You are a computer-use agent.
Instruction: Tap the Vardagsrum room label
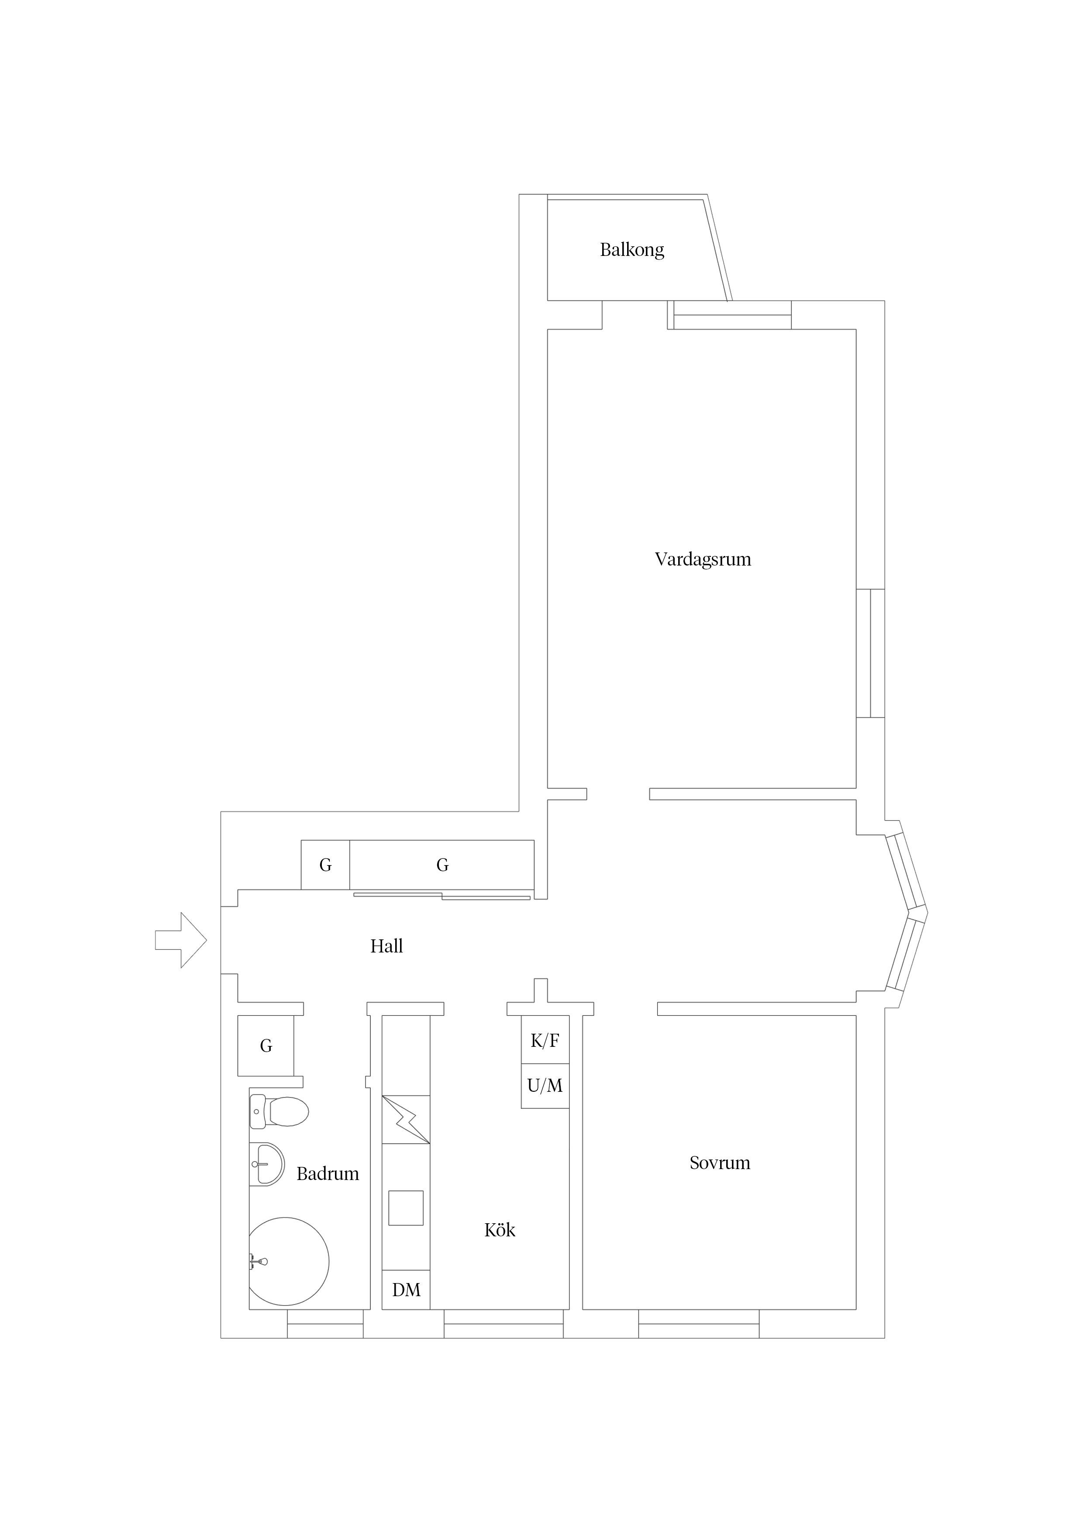click(703, 559)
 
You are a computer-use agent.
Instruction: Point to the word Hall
click(386, 946)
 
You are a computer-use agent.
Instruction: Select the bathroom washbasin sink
click(266, 1164)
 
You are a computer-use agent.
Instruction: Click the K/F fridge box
click(545, 1040)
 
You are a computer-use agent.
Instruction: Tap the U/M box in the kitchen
click(545, 1086)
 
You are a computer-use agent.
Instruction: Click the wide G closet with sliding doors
click(442, 866)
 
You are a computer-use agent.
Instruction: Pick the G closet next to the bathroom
click(266, 1045)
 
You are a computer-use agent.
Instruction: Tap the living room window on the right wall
click(870, 653)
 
